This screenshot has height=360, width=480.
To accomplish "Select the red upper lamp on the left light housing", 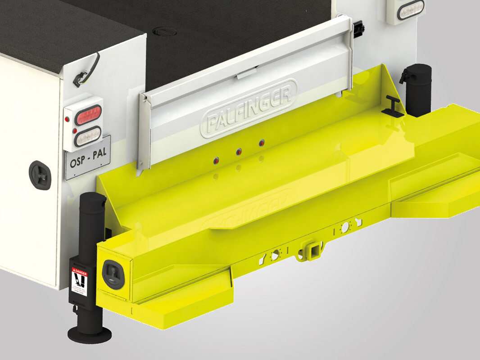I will (84, 118).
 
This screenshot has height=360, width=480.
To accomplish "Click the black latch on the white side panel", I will (40, 174).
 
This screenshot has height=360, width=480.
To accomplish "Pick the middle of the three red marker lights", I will (239, 152).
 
